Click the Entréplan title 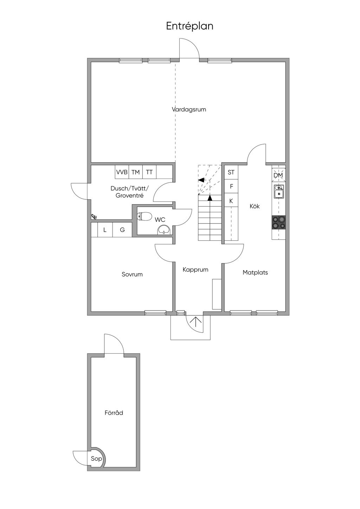(189, 26)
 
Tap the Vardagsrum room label (189, 109)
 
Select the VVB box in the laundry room (122, 172)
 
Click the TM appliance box (136, 172)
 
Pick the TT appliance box (149, 172)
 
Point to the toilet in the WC (144, 216)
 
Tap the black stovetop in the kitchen (279, 222)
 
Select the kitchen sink (279, 191)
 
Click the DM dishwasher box (279, 175)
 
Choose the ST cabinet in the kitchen (231, 172)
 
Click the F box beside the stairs (231, 186)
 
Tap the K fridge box (231, 200)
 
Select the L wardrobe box (105, 230)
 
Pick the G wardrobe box (122, 230)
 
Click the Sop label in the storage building (96, 458)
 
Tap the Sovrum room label (132, 274)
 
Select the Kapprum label (195, 270)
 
